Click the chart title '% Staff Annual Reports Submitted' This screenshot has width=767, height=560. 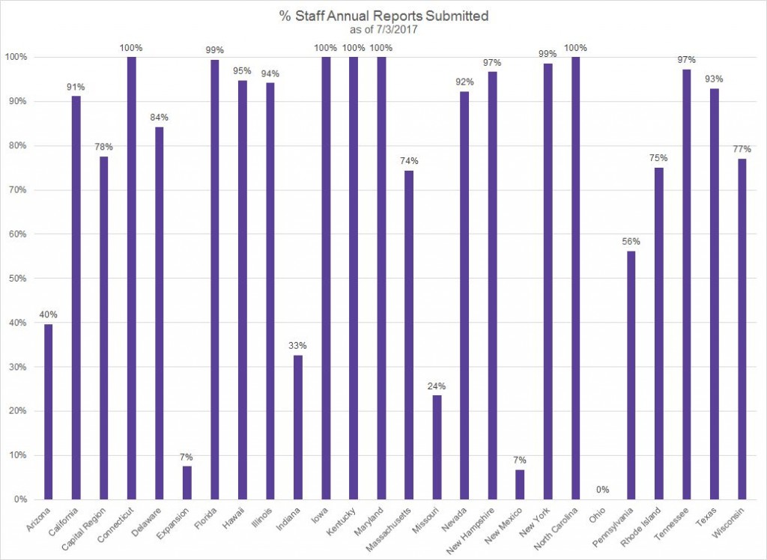click(x=383, y=16)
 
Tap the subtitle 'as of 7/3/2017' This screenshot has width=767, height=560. click(x=383, y=30)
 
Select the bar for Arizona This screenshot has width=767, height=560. click(x=48, y=411)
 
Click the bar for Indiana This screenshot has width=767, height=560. click(x=297, y=427)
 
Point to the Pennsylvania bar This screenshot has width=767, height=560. click(x=631, y=375)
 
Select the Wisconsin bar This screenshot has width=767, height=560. click(x=742, y=329)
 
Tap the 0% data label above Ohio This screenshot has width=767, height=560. click(x=603, y=490)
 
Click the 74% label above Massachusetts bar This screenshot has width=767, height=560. click(x=409, y=161)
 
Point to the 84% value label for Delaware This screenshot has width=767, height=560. click(x=159, y=118)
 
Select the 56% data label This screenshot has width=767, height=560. click(x=631, y=242)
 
